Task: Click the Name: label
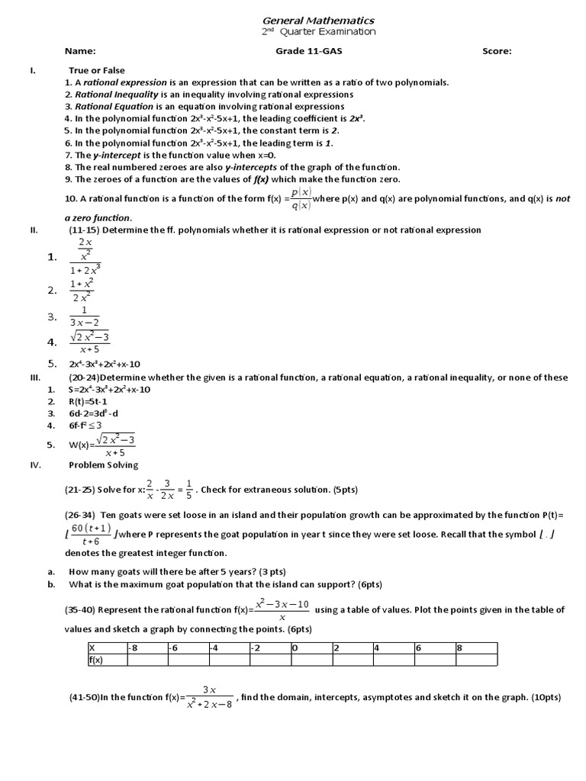coord(79,51)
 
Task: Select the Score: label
coord(497,51)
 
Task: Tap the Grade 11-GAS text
coord(305,51)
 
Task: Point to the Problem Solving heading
coord(104,464)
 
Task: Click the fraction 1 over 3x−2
coord(84,317)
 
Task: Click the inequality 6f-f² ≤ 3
coord(85,425)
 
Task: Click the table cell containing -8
coord(146,648)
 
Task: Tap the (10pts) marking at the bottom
coord(543,697)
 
